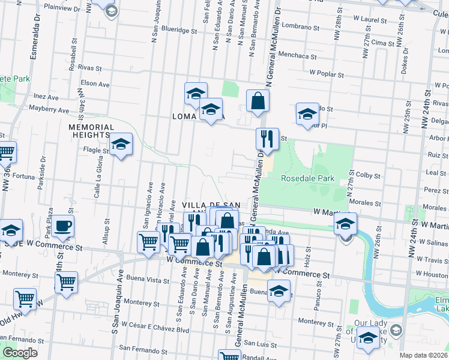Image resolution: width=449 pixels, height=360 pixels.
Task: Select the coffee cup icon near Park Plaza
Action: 62,227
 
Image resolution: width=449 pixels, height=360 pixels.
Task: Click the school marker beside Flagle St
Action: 121,145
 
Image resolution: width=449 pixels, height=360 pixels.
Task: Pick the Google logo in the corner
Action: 20,353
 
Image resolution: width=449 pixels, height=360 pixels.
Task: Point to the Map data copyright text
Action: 424,355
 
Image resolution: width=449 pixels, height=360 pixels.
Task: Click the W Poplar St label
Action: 329,72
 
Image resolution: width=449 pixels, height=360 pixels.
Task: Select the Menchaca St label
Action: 298,56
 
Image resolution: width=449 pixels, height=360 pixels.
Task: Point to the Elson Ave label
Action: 95,85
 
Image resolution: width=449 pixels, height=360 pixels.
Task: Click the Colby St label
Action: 369,176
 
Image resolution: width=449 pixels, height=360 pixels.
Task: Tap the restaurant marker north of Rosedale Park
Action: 264,139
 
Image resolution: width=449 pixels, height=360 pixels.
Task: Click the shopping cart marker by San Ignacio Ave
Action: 148,242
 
